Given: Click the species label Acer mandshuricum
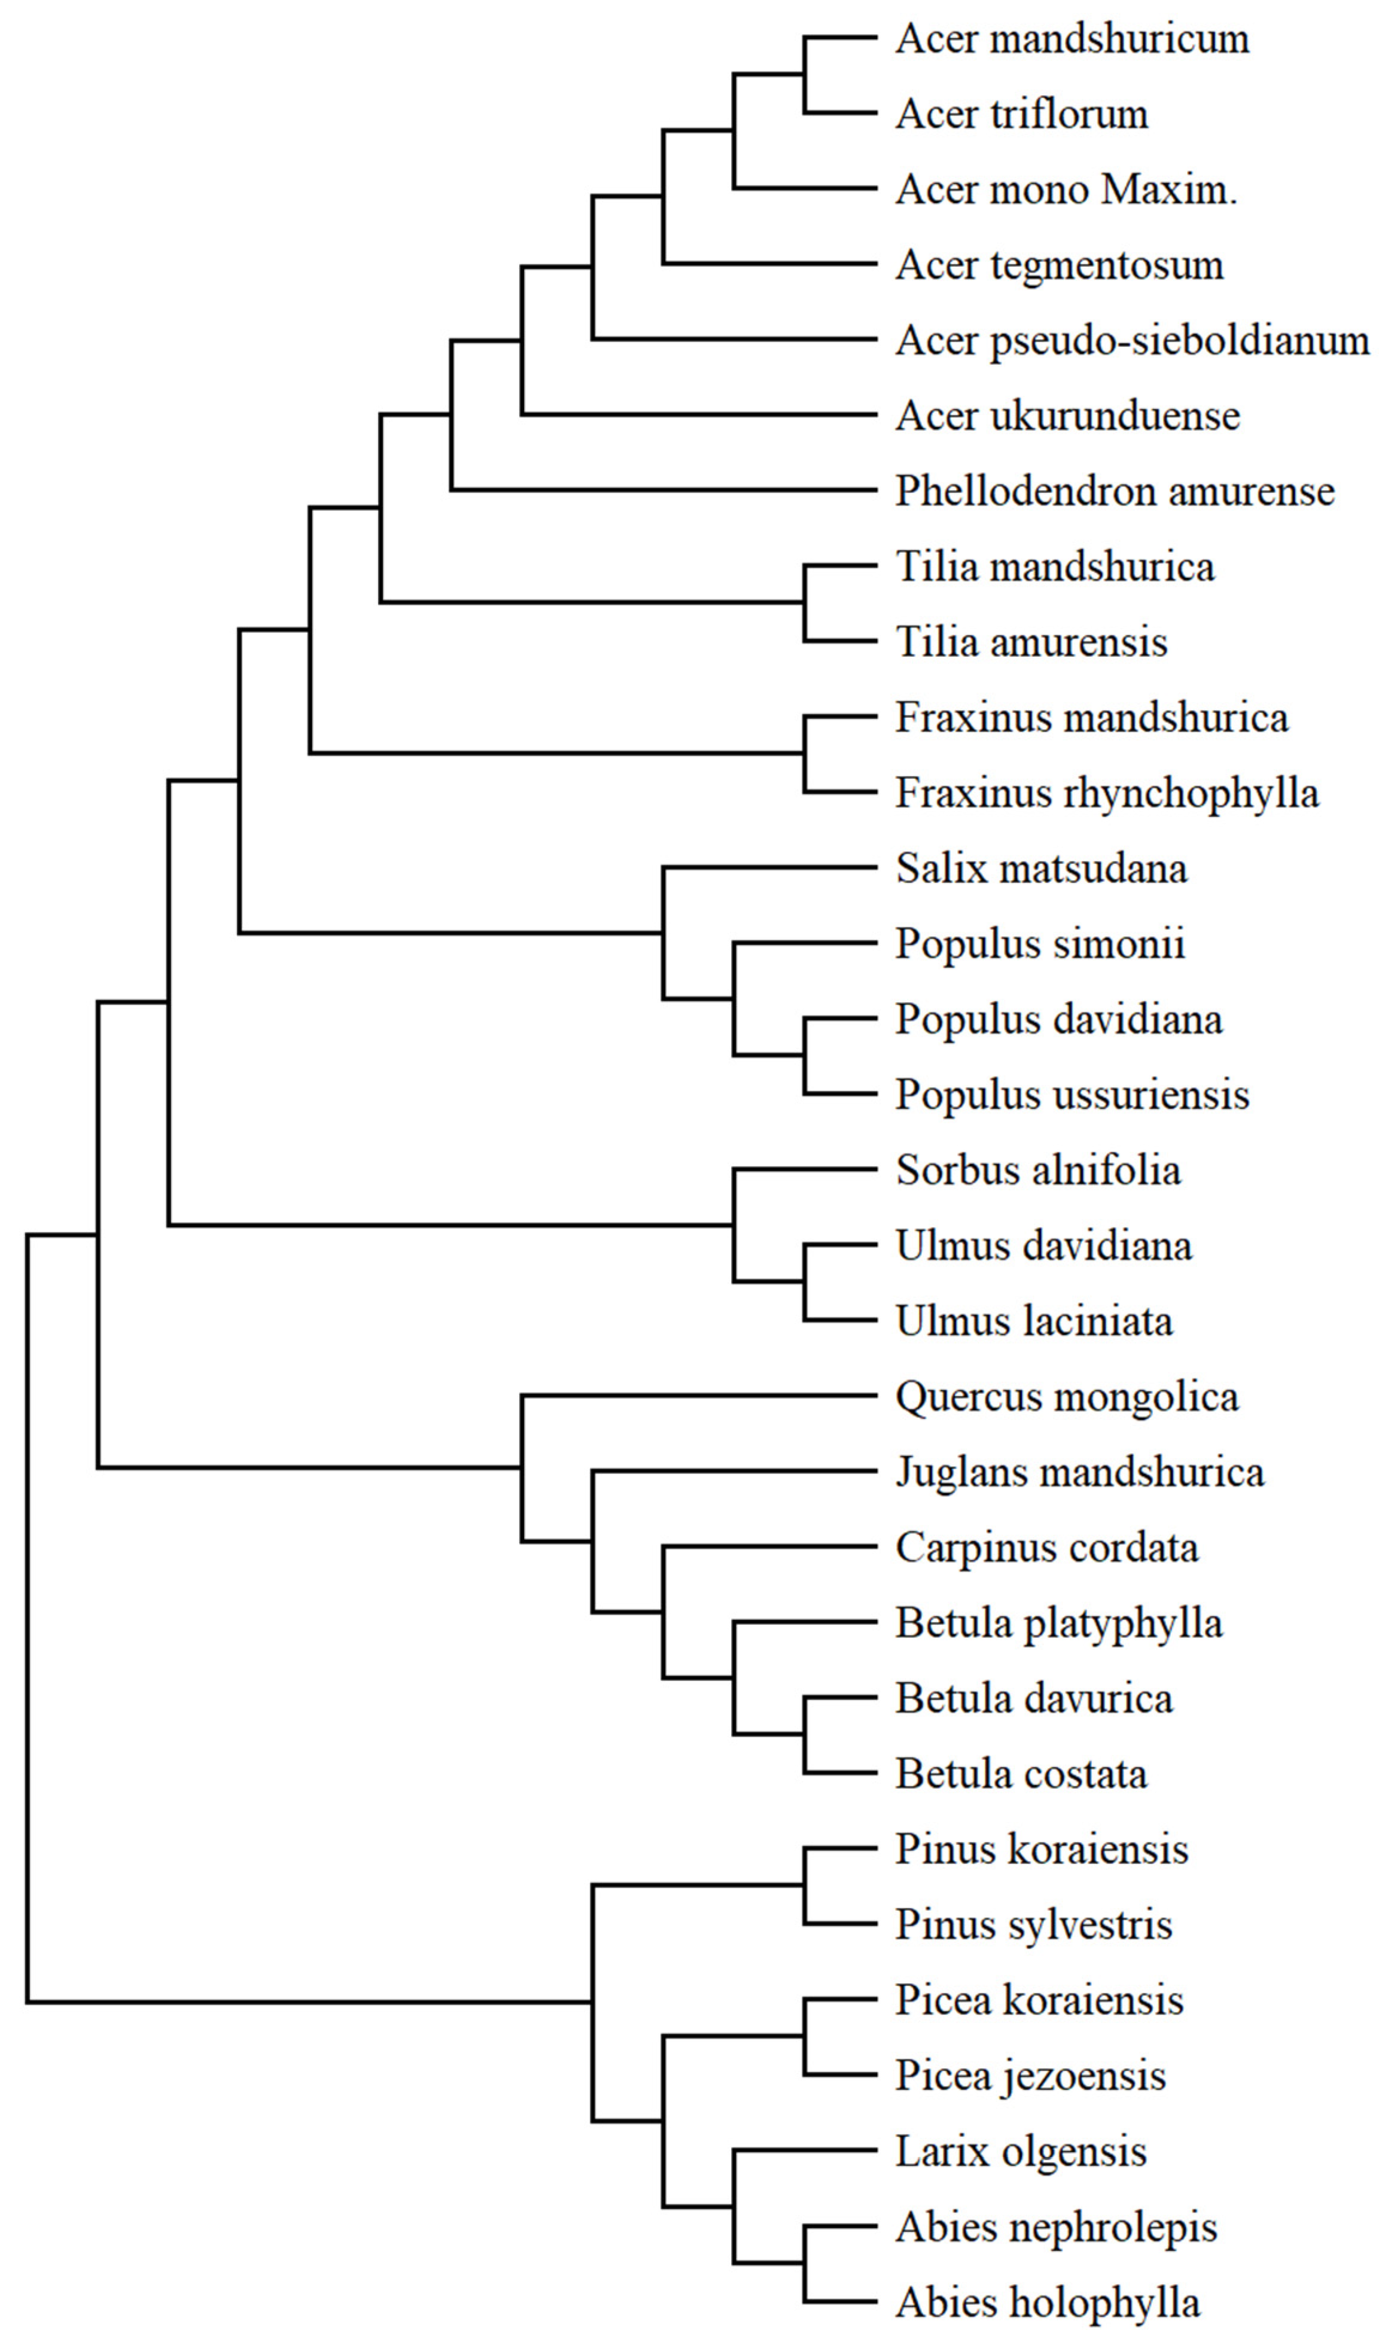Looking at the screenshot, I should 1072,39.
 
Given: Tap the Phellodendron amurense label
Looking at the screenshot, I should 1115,492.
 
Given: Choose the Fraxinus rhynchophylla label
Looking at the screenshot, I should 1107,794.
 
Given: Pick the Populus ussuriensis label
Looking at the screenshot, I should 1072,1095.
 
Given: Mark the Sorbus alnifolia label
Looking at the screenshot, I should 1037,1170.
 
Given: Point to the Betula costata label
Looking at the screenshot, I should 1021,1774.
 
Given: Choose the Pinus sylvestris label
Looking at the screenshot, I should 1034,1924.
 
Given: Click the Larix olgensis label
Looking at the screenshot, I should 1021,2151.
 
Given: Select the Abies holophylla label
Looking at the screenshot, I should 1047,2303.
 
